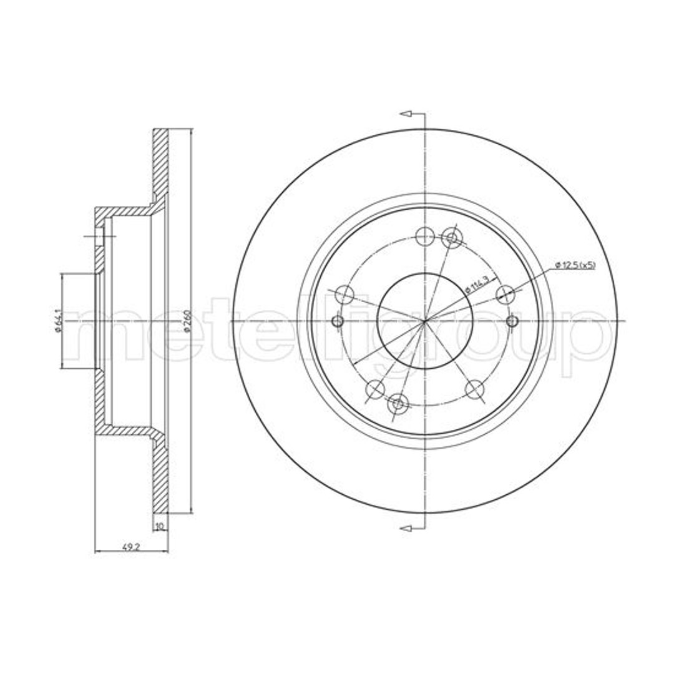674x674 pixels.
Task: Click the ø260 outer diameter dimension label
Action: (186, 321)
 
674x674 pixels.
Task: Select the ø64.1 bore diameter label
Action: (57, 321)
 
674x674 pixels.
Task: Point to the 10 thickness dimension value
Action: (160, 525)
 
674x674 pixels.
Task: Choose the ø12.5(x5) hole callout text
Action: (575, 265)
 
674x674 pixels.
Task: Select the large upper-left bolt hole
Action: (344, 295)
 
